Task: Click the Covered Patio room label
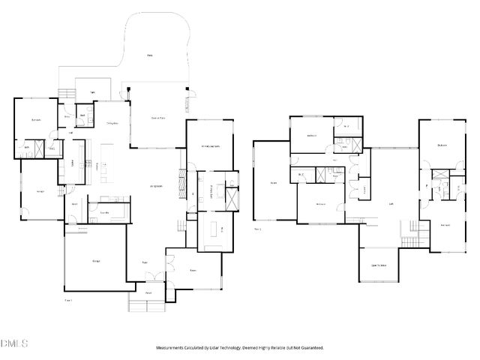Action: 158,118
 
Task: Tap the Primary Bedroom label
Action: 209,145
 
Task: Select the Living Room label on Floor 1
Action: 156,186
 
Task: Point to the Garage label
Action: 97,260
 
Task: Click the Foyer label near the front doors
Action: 145,262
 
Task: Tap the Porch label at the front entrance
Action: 148,292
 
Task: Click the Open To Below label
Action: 379,265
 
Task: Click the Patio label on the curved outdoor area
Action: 150,55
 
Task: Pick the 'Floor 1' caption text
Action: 68,300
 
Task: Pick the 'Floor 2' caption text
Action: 257,229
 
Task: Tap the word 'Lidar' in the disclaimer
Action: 219,348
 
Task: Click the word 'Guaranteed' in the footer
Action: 310,348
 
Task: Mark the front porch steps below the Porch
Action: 145,305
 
